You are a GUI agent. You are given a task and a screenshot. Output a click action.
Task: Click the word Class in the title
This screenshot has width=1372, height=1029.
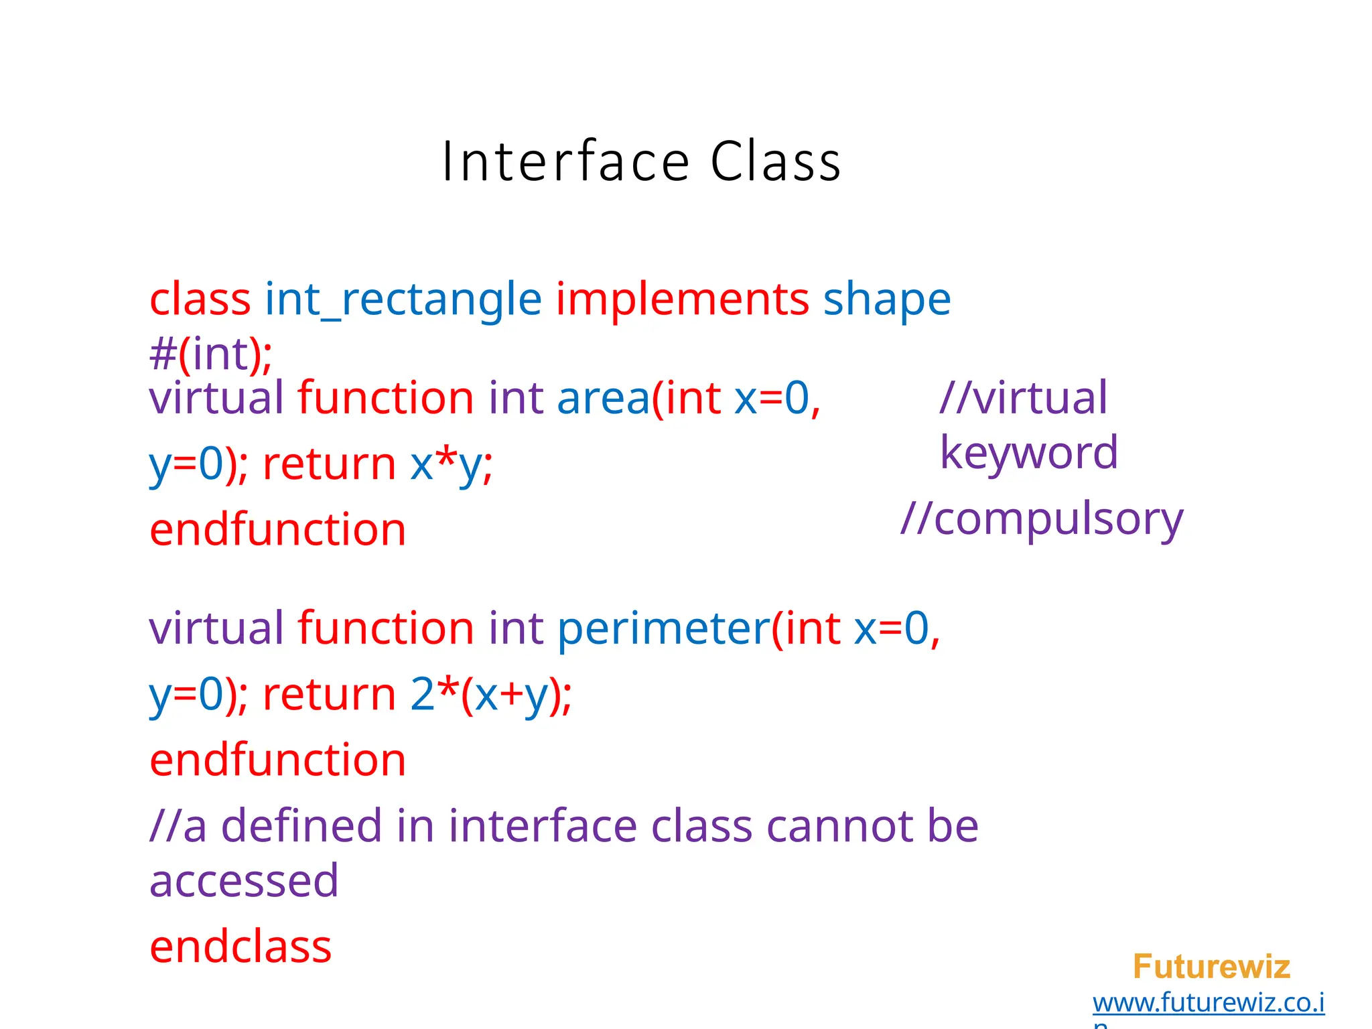tap(775, 162)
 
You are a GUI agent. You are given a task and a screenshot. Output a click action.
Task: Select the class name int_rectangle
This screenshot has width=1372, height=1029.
tap(403, 299)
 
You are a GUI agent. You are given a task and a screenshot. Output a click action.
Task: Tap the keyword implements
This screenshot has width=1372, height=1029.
tap(683, 299)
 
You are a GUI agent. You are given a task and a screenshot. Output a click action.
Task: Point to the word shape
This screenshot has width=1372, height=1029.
tap(886, 299)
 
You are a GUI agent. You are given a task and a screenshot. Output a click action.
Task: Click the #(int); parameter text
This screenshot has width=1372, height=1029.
tap(210, 354)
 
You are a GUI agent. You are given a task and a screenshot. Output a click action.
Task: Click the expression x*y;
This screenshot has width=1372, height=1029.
tap(452, 464)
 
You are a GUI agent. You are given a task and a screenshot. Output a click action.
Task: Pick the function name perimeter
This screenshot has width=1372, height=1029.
tap(664, 628)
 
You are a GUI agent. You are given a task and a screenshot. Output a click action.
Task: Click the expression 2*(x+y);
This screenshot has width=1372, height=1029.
tap(490, 694)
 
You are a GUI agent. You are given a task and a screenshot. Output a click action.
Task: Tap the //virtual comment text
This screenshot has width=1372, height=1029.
tap(1024, 398)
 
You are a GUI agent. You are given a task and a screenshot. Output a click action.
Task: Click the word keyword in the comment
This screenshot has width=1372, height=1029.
tap(1028, 453)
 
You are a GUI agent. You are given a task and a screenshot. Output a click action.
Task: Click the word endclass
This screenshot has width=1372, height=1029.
tap(241, 947)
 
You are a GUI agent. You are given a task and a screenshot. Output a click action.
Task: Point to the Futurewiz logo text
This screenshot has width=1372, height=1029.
tap(1211, 967)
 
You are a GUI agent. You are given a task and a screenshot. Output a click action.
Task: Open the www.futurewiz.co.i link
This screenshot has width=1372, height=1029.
tap(1209, 1003)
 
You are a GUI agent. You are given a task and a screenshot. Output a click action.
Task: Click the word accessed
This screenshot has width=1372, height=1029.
tap(244, 881)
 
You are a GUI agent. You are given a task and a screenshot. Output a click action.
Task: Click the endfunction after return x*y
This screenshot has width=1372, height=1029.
tap(277, 530)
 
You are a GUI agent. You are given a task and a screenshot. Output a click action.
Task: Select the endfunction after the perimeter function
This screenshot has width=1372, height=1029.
tap(277, 760)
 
